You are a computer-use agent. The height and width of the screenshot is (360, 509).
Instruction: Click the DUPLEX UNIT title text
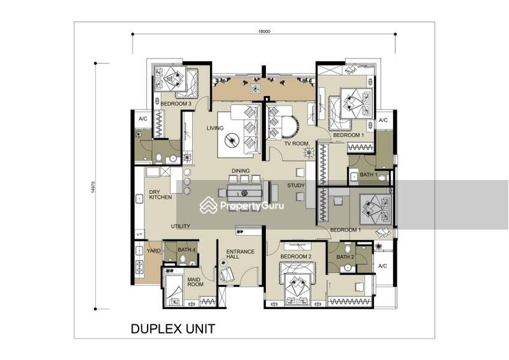(x=173, y=329)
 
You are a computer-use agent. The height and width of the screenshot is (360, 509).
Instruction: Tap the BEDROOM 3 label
(x=176, y=103)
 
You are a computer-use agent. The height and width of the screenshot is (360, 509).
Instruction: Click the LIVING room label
(x=215, y=128)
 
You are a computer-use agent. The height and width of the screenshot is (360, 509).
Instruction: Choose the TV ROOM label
(x=296, y=144)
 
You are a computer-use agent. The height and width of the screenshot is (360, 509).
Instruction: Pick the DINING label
(x=241, y=170)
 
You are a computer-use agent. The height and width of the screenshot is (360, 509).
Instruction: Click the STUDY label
(x=296, y=185)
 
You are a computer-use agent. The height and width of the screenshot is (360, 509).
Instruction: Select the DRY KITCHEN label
(x=160, y=195)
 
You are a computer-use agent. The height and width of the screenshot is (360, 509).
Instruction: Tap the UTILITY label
(x=181, y=226)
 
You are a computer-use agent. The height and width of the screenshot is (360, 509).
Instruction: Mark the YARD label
(x=153, y=251)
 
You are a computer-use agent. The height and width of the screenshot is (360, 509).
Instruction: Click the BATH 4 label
(x=186, y=249)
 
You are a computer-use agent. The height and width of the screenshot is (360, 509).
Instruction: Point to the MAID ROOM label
(x=195, y=282)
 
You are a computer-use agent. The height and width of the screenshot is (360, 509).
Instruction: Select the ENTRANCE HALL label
(x=241, y=254)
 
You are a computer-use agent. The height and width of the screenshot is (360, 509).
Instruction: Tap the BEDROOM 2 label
(x=296, y=256)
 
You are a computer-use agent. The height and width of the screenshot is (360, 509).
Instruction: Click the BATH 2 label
(x=345, y=256)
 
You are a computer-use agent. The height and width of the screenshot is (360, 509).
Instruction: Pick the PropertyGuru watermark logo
(x=242, y=205)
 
